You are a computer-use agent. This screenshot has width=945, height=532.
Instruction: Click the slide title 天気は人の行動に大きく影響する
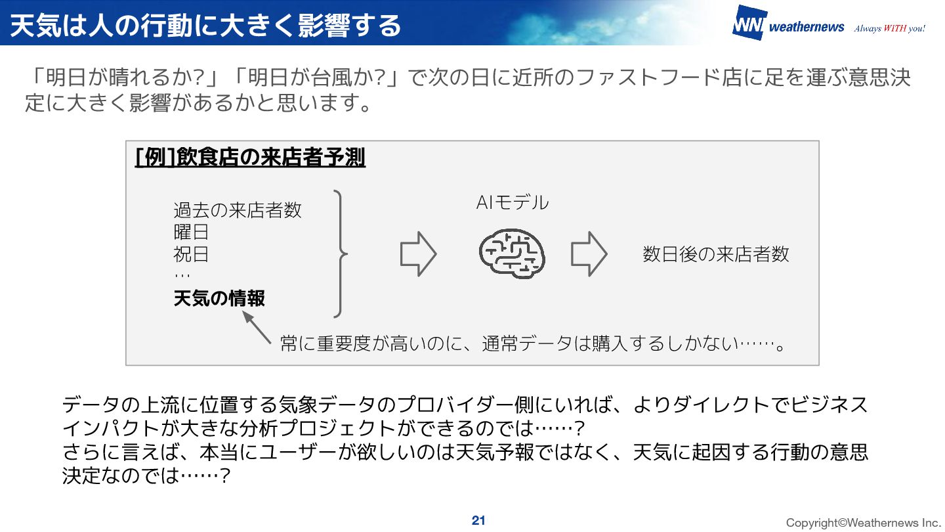205,25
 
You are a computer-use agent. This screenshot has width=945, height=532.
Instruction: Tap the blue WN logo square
748,24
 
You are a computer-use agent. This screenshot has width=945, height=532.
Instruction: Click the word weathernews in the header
806,27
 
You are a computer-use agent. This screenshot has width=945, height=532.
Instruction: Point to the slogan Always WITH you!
889,28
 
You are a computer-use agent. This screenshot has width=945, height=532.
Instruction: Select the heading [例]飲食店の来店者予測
250,158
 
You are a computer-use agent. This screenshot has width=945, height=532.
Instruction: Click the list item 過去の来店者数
238,210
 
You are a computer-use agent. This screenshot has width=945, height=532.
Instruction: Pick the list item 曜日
191,232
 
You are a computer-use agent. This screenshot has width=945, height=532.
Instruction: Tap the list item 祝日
191,254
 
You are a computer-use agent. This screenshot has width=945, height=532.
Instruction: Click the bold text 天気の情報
219,299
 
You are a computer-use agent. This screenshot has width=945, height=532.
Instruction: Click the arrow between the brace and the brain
418,254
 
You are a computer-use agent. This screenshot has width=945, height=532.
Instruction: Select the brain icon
512,254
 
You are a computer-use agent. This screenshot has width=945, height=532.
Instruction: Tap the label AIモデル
512,203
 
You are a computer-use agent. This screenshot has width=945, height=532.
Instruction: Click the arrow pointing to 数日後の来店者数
589,254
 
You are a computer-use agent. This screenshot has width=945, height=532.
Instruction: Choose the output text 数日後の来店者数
716,254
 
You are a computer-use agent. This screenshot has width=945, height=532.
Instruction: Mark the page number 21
478,521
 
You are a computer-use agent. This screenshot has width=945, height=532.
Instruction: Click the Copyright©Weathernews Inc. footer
863,523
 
